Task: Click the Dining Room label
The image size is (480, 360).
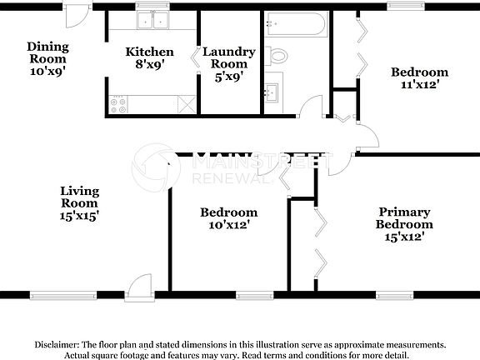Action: coord(47,58)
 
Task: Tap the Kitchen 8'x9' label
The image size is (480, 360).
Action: coord(149,57)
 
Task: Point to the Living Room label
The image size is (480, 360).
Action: coord(79,203)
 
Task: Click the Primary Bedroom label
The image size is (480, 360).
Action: coord(404,224)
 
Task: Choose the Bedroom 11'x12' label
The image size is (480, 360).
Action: coord(420,78)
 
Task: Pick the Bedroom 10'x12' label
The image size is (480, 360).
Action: coord(228,218)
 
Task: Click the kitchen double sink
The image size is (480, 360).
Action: coord(152,22)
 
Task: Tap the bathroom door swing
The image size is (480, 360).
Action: coord(312,107)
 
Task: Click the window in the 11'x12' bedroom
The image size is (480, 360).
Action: coord(404,6)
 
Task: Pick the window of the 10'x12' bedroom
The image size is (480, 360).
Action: coord(254,294)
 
